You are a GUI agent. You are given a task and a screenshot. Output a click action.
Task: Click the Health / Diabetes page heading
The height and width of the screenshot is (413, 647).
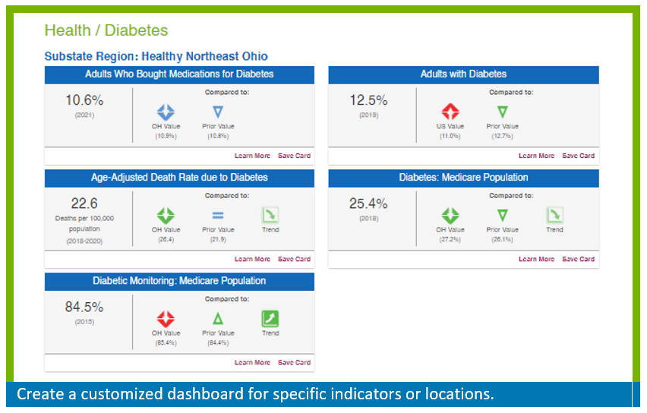click(x=106, y=31)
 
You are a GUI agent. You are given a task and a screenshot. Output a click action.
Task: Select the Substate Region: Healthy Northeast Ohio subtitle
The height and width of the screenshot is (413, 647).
click(x=156, y=56)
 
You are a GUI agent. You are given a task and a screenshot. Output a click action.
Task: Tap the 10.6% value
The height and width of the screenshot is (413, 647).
click(x=84, y=100)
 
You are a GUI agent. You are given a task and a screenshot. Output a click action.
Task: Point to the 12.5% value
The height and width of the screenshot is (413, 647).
click(x=368, y=100)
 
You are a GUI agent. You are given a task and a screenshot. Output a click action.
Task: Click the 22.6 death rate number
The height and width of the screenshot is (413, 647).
click(x=84, y=203)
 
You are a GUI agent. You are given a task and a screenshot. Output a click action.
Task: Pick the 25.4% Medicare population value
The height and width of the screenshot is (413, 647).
click(x=368, y=203)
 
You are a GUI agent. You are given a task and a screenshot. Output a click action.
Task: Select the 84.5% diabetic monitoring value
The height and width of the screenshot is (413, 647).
click(x=84, y=307)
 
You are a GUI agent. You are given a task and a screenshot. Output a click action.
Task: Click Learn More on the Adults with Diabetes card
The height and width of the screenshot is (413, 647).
click(x=536, y=156)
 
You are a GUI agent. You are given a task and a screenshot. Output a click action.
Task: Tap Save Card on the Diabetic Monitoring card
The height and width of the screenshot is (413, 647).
click(x=294, y=363)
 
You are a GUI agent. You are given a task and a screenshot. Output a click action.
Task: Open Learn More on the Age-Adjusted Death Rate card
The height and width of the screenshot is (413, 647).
click(x=252, y=260)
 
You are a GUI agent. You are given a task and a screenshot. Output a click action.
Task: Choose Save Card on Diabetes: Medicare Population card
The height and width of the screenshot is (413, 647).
click(x=578, y=260)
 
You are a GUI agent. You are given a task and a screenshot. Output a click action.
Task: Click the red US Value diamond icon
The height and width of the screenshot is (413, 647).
click(x=450, y=112)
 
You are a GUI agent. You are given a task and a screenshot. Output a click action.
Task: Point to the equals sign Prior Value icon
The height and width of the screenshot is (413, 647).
click(x=218, y=216)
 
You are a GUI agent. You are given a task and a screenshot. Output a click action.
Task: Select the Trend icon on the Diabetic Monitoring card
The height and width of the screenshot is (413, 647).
click(x=270, y=319)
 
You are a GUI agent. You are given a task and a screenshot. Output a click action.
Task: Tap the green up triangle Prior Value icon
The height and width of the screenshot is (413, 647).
click(x=218, y=319)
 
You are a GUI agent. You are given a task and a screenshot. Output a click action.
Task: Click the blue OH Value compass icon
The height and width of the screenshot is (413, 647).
click(x=166, y=112)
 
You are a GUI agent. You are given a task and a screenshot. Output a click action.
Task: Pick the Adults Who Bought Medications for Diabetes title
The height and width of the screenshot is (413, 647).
click(x=179, y=74)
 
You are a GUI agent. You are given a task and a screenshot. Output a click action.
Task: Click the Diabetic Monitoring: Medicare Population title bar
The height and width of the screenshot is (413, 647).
click(x=179, y=281)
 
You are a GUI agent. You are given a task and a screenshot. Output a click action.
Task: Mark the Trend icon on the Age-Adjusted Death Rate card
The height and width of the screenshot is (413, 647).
click(x=270, y=216)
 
